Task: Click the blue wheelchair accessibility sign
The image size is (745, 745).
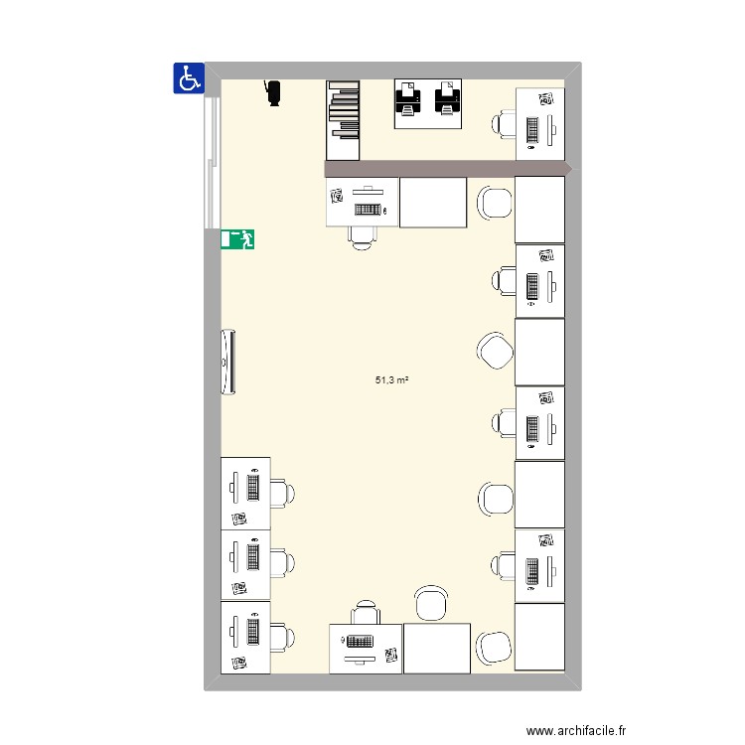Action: [x=189, y=77]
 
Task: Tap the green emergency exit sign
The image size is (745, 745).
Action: [x=238, y=238]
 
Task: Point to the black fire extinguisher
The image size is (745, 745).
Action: [x=273, y=91]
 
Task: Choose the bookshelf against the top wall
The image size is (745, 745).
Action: [x=342, y=119]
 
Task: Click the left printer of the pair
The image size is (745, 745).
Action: [x=408, y=99]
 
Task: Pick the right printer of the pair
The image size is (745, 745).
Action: [x=448, y=99]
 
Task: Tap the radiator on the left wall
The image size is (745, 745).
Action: [x=229, y=362]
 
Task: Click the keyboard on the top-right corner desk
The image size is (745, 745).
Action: [x=533, y=129]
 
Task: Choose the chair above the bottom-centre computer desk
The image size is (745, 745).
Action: [x=365, y=612]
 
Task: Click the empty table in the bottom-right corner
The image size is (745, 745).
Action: [x=539, y=637]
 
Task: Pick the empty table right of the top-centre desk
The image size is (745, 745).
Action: [x=432, y=203]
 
